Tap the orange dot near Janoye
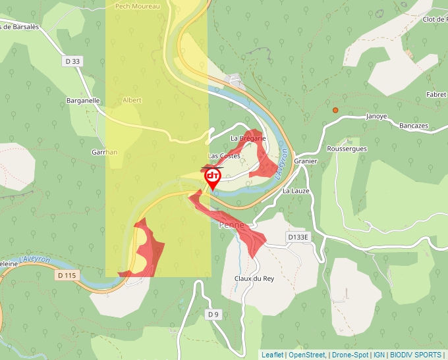coord(335,110)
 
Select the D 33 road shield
coord(73,61)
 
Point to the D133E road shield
coord(298,236)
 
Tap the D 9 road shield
coord(212,315)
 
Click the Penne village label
coord(231,225)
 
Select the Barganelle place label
coord(83,101)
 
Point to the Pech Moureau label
coord(137,5)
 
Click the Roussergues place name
coord(347,149)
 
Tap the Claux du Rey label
coord(254,278)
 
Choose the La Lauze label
coord(295,191)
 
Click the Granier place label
coord(306,161)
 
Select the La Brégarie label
coord(248,138)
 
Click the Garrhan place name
coord(104,152)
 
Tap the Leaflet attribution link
coord(272,355)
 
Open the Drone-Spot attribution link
coord(350,355)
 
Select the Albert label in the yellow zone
coord(132,101)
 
